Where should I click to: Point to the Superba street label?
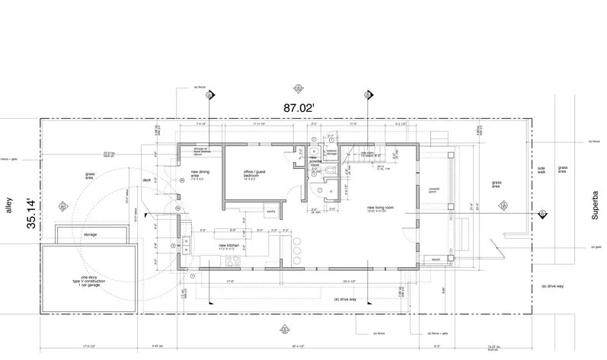(596, 206)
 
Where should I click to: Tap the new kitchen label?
(230, 247)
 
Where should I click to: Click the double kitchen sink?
(186, 244)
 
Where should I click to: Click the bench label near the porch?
(436, 260)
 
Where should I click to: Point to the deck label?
(148, 181)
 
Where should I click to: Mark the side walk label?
(542, 170)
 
